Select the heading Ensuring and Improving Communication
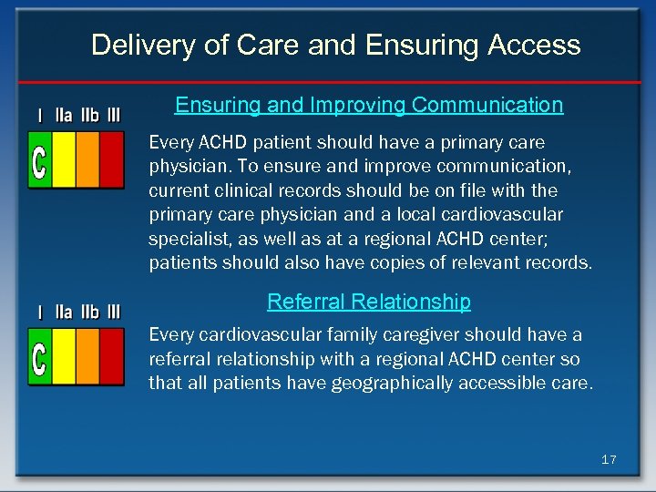pyautogui.click(x=369, y=106)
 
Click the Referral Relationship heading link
pyautogui.click(x=369, y=302)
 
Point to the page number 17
pyautogui.click(x=609, y=460)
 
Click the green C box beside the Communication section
pyautogui.click(x=40, y=159)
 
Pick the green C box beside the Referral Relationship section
pyautogui.click(x=40, y=355)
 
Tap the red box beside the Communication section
pyautogui.click(x=112, y=159)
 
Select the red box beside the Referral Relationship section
pyautogui.click(x=112, y=355)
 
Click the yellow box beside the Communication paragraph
pyautogui.click(x=64, y=159)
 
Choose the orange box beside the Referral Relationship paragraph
pyautogui.click(x=87, y=355)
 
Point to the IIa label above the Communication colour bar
pyautogui.click(x=64, y=117)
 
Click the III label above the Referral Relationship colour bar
pyautogui.click(x=113, y=313)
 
